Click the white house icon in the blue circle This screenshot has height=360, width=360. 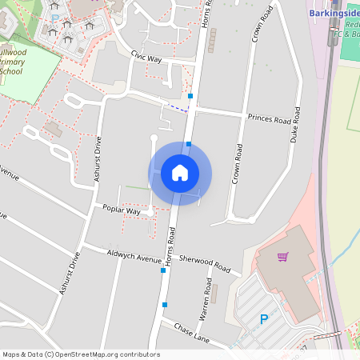pos(179,173)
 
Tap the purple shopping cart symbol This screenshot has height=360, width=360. pos(282,257)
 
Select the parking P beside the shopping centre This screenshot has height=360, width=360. pos(263,320)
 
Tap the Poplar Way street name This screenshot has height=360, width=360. pos(121,210)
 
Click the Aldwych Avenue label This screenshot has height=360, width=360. pos(134,256)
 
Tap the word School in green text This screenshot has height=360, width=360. pos(11,71)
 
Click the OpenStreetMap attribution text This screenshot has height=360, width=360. pos(81,354)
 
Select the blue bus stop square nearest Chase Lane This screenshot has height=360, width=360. pos(165,304)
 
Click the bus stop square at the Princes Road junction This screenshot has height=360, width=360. pos(190,97)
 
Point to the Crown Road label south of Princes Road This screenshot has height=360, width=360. pos(237,163)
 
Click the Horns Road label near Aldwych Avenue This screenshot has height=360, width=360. pos(170,245)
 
